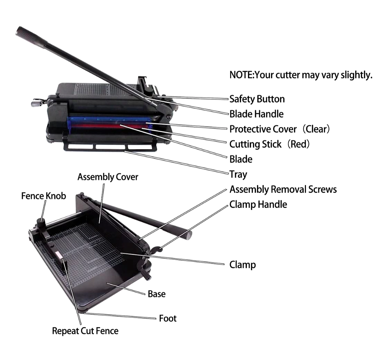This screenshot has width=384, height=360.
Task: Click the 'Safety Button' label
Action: coord(257,99)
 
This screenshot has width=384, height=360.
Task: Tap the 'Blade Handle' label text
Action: coord(256,114)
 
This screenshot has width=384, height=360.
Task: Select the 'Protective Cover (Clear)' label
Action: coord(280,129)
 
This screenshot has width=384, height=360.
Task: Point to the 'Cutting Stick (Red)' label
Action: coord(270,144)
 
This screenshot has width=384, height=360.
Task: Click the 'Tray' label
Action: coord(238,175)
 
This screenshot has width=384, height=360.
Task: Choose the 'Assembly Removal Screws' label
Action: coord(283,189)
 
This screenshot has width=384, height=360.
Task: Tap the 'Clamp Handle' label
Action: coord(258,204)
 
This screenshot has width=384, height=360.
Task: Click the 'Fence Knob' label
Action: coord(44,196)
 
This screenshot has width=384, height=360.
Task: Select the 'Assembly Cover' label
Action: coord(108,177)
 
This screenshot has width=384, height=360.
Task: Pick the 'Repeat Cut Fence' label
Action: coord(85,331)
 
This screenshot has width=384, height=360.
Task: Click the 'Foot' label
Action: coord(168,318)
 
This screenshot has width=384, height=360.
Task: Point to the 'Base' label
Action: coord(156,294)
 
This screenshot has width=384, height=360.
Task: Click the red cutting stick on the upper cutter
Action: coord(108,126)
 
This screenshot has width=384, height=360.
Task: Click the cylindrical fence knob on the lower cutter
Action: coord(41,223)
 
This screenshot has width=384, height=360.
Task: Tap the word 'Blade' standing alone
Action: coord(241,159)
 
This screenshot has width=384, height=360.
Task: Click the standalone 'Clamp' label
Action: coord(243,265)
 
